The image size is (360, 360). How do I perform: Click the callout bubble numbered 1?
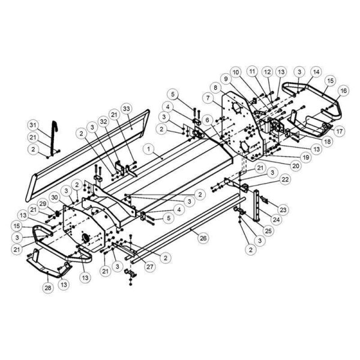[x=149, y=149]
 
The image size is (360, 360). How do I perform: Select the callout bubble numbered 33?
[x=127, y=109]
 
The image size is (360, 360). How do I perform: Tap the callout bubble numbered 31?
[x=33, y=125]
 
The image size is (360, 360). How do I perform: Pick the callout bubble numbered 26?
[x=203, y=238]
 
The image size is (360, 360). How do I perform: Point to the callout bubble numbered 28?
[x=48, y=287]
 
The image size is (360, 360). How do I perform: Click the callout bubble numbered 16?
[x=343, y=91]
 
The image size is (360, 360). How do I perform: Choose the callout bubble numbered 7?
[x=208, y=98]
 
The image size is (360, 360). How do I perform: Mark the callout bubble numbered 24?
[x=276, y=220]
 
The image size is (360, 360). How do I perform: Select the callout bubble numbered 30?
[x=55, y=197]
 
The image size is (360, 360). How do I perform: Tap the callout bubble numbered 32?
[x=104, y=121]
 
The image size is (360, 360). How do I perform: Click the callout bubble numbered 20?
[x=295, y=166]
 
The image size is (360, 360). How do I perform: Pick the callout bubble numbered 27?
[x=149, y=266]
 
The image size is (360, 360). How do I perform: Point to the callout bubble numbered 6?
[x=208, y=120]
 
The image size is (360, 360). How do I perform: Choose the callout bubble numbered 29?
[x=43, y=203]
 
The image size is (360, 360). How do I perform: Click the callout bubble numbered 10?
[x=236, y=72]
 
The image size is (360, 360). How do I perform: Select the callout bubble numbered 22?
[x=285, y=179]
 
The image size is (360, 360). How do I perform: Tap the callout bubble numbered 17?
[x=340, y=131]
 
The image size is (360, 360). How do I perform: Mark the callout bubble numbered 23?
[x=283, y=209]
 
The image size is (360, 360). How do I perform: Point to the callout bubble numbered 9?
[x=226, y=79]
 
